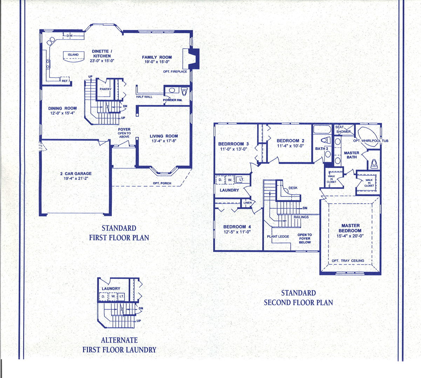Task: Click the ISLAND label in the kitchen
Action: pos(73,55)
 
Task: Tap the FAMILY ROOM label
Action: pos(157,57)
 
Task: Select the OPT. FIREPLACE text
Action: pos(175,71)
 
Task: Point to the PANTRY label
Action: pos(106,89)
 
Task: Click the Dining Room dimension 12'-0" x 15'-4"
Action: pos(62,113)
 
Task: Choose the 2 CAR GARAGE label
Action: pos(78,174)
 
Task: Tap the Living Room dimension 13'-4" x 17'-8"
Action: pos(164,141)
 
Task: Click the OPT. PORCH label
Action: pos(162,183)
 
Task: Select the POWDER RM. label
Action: pos(173,100)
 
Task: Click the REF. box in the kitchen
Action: pos(65,80)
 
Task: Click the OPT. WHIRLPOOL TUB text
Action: pos(371,141)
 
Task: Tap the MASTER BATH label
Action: pos(352,155)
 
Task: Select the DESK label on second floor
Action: pos(293,188)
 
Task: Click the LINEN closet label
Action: pos(247,203)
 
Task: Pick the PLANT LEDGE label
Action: pos(278,236)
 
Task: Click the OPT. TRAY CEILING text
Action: pos(348,260)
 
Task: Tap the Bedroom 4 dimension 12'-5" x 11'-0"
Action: pos(237,232)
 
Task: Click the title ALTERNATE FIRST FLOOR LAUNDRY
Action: pos(119,345)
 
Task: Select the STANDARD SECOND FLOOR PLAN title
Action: pos(298,297)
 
